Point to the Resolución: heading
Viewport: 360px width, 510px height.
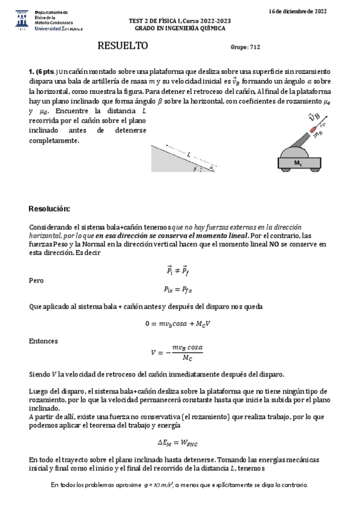click(x=49, y=209)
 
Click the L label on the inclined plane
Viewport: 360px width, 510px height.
click(x=189, y=154)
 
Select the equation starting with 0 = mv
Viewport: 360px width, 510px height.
click(x=178, y=323)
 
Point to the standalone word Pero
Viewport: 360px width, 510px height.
click(x=36, y=280)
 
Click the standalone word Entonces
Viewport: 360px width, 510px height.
click(x=43, y=340)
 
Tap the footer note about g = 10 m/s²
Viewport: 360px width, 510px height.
click(x=179, y=484)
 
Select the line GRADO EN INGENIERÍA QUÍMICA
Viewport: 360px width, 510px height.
click(x=180, y=28)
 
